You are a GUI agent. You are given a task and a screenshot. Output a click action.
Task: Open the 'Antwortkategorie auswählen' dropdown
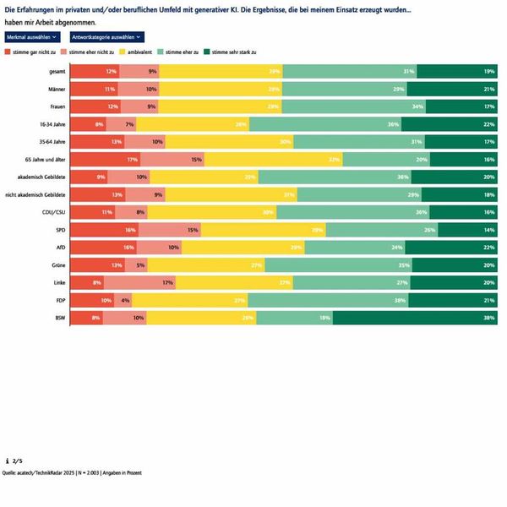pyautogui.click(x=107, y=37)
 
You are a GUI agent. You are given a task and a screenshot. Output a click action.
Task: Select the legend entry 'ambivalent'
pyautogui.click(x=144, y=52)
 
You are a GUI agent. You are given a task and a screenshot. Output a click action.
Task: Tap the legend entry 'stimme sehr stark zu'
pyautogui.click(x=232, y=52)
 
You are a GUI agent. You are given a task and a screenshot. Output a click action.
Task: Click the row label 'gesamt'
pyautogui.click(x=57, y=71)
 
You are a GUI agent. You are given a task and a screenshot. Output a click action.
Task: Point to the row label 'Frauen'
pyautogui.click(x=57, y=106)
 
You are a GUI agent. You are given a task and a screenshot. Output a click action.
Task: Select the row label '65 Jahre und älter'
pyautogui.click(x=46, y=159)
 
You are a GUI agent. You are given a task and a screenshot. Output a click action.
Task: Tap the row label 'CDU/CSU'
pyautogui.click(x=53, y=212)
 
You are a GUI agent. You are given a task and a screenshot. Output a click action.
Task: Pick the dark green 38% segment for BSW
pyautogui.click(x=415, y=318)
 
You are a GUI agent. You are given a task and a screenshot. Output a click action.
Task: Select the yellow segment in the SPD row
pyautogui.click(x=263, y=230)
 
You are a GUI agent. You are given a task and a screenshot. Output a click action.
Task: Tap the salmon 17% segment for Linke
pyautogui.click(x=139, y=282)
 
